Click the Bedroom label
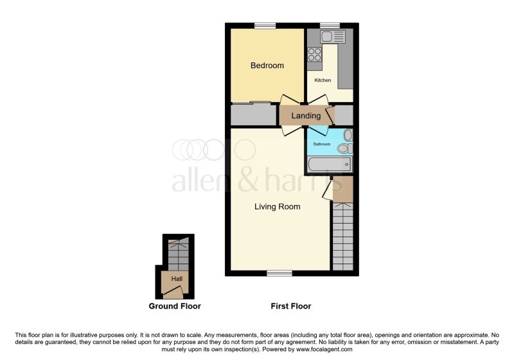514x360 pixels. [x=267, y=66]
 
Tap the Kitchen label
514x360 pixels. [x=323, y=80]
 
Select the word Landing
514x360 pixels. [x=306, y=116]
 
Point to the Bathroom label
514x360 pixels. [x=321, y=144]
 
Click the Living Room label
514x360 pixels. [x=277, y=206]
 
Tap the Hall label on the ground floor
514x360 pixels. [x=176, y=279]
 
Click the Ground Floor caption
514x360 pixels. [x=175, y=307]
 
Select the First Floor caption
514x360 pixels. [x=291, y=307]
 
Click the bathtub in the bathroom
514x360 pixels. [x=330, y=166]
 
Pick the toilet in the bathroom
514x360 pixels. [x=344, y=148]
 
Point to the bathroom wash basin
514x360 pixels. [x=348, y=135]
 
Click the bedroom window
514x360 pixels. [x=261, y=26]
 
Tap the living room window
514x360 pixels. [x=279, y=273]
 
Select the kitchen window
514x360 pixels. [x=330, y=26]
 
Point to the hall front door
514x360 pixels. [x=173, y=292]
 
